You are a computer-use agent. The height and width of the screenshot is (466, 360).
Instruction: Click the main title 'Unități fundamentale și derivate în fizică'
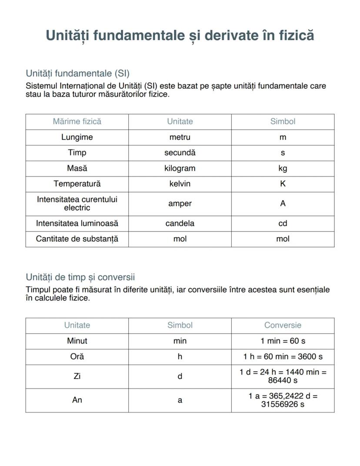180,35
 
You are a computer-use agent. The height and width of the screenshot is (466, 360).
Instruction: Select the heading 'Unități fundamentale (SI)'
77,73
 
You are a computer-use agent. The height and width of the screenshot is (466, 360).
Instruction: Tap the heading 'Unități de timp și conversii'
80,277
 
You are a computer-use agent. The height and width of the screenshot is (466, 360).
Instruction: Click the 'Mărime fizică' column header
77,121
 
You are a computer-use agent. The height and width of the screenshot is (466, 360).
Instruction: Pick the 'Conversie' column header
283,325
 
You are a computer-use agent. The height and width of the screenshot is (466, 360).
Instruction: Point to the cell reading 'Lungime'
77,137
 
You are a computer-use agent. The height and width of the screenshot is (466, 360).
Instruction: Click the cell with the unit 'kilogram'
180,168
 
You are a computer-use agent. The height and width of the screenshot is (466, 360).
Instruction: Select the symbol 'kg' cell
283,168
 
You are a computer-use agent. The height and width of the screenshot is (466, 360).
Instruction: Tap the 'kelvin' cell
180,184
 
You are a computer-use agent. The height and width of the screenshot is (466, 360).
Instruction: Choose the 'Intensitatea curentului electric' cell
77,204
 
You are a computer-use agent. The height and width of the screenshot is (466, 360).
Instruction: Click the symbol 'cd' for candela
283,223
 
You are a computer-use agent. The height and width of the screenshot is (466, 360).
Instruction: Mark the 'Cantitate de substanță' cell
77,239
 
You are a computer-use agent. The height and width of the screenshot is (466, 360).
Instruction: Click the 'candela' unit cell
180,223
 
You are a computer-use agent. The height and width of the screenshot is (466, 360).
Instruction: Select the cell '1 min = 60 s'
283,341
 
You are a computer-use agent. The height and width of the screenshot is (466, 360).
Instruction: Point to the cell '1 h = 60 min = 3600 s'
283,357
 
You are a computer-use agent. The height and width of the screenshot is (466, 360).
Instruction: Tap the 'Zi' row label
77,376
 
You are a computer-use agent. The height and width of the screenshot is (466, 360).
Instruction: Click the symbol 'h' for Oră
180,357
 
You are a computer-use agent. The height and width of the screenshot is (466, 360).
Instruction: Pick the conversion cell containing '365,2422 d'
283,400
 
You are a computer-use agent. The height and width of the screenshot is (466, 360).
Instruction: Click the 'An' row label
77,400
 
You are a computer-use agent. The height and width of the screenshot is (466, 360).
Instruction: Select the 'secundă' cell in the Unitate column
180,153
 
